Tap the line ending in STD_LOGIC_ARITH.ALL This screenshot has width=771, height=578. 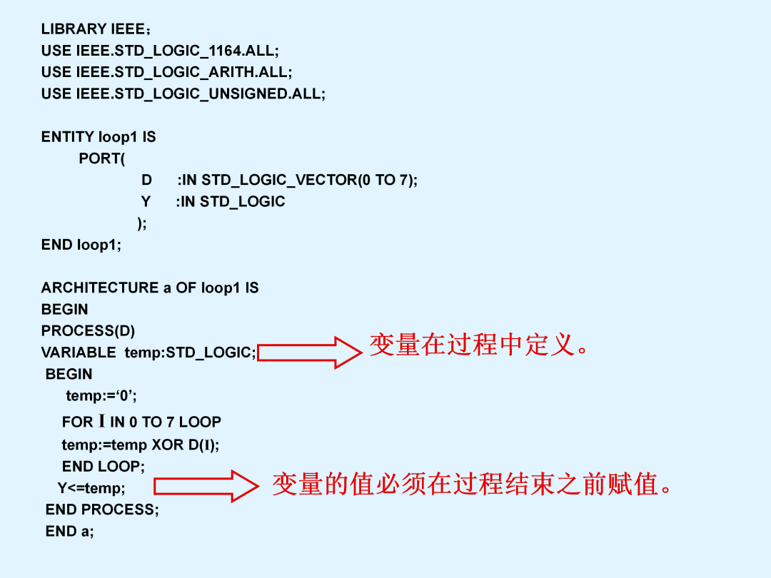pyautogui.click(x=166, y=73)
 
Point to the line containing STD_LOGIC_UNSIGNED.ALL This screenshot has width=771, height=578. pyautogui.click(x=183, y=94)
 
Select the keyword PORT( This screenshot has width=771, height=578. pyautogui.click(x=102, y=158)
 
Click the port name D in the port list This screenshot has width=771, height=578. pyautogui.click(x=146, y=180)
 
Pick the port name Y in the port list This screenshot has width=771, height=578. pyautogui.click(x=146, y=201)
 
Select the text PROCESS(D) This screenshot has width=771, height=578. pyautogui.click(x=88, y=331)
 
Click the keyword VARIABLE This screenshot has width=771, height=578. pyautogui.click(x=79, y=353)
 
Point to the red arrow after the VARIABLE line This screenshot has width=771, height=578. pyautogui.click(x=310, y=353)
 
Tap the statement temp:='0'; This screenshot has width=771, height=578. pyautogui.click(x=101, y=395)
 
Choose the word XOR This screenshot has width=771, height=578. pyautogui.click(x=167, y=445)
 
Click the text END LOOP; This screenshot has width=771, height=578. pyautogui.click(x=104, y=467)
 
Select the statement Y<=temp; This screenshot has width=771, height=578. pyautogui.click(x=91, y=488)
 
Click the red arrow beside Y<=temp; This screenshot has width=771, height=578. pyautogui.click(x=206, y=486)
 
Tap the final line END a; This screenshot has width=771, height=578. pyautogui.click(x=69, y=532)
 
